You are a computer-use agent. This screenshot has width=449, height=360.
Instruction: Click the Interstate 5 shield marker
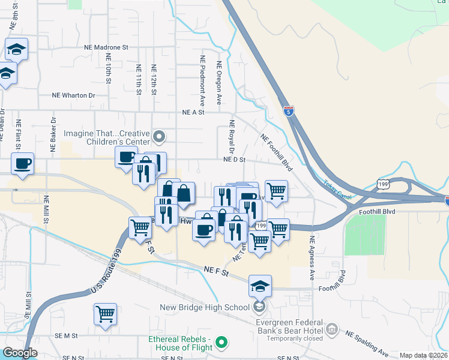289,110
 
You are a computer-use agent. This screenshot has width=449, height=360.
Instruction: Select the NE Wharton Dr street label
74,95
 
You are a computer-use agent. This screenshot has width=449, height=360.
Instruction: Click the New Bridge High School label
204,308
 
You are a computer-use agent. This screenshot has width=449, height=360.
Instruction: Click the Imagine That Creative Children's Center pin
159,137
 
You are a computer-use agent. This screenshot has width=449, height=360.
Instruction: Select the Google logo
20,353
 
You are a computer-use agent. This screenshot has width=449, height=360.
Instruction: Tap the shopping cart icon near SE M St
105,314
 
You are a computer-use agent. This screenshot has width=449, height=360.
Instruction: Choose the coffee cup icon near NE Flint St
22,164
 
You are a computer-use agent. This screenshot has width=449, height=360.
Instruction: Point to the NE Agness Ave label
312,259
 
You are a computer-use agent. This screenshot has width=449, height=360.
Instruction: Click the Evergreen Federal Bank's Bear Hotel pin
332,329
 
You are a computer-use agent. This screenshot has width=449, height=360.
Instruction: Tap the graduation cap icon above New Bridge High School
260,286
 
